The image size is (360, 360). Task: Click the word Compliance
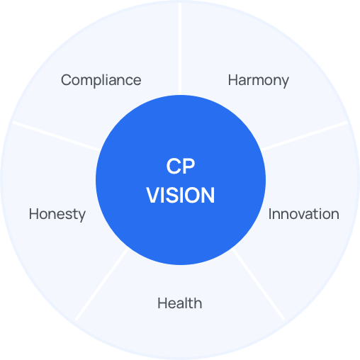point(101,80)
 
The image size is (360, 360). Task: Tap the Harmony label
point(258,81)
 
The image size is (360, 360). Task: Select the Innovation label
point(304,214)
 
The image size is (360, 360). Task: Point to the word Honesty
point(57,215)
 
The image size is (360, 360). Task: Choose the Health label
point(180,303)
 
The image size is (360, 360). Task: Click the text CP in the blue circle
point(181,166)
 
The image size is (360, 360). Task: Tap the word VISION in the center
point(181,195)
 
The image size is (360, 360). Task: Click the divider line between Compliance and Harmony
point(180,48)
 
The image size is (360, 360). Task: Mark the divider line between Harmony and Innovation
point(304,136)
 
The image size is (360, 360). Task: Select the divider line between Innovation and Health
point(258,284)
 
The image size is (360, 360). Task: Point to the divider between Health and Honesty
point(102,283)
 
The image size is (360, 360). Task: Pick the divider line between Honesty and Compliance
point(56,136)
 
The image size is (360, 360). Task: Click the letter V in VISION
point(154,195)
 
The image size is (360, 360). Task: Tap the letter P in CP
point(189,166)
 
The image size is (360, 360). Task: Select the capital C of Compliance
point(67,80)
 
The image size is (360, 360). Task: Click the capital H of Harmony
point(233,80)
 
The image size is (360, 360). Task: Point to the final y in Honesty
point(81,216)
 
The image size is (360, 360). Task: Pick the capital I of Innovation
point(270,214)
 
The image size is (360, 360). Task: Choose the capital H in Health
point(163,303)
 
